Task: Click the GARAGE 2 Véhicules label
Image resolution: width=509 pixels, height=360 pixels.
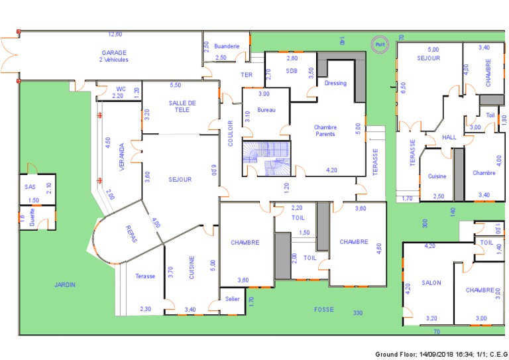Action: coord(114,56)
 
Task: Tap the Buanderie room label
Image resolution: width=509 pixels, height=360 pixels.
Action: coord(227,46)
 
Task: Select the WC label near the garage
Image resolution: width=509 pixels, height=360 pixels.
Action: coord(121,88)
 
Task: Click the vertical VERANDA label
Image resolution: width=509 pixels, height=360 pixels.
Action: coord(121,157)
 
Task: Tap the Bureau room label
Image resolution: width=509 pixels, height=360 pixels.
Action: coord(266,110)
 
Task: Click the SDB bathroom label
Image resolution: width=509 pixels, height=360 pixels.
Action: coord(292,70)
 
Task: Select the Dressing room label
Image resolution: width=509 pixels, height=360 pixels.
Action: coord(335,84)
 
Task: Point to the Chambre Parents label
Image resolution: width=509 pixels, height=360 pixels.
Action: coord(325,131)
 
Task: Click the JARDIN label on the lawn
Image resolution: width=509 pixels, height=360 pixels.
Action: coord(65,284)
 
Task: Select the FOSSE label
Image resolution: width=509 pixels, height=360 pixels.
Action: coord(323,309)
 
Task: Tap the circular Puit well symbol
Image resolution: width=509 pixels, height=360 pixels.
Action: coord(379,44)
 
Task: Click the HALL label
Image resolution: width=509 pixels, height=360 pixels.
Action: coord(449,137)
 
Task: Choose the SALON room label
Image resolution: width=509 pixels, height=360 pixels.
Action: coord(431,283)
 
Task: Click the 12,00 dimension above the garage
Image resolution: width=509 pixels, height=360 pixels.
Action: coord(115,34)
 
